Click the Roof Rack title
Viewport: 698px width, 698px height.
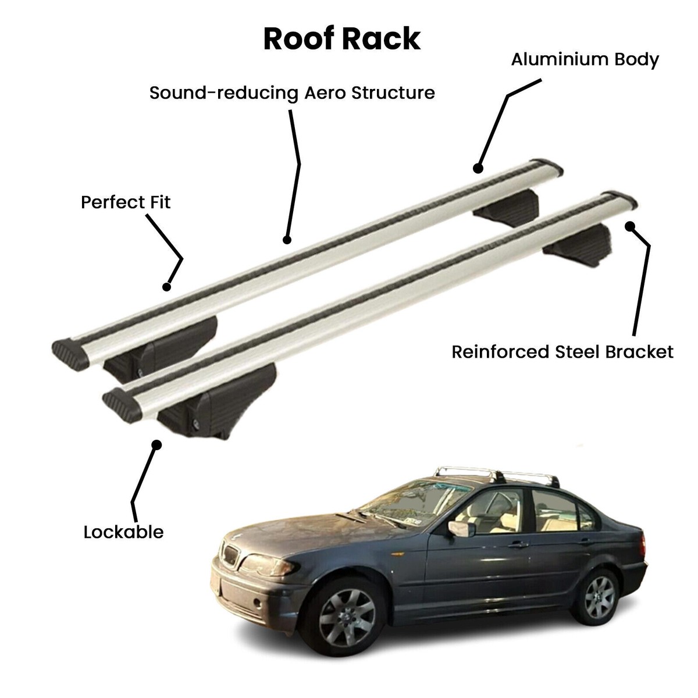click(342, 39)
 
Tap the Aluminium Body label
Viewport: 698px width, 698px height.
click(585, 59)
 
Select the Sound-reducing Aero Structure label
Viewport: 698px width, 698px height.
click(292, 93)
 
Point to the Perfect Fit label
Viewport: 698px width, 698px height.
click(126, 202)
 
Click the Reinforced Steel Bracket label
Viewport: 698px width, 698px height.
click(562, 352)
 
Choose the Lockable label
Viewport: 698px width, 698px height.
click(123, 532)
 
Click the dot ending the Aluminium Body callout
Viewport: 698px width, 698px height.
click(478, 169)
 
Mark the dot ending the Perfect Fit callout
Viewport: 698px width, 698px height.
click(167, 286)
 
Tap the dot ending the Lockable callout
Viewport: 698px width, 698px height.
click(156, 444)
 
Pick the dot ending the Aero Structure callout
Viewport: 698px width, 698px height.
click(286, 240)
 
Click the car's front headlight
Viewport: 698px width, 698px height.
click(260, 564)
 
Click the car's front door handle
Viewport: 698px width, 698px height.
click(518, 545)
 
